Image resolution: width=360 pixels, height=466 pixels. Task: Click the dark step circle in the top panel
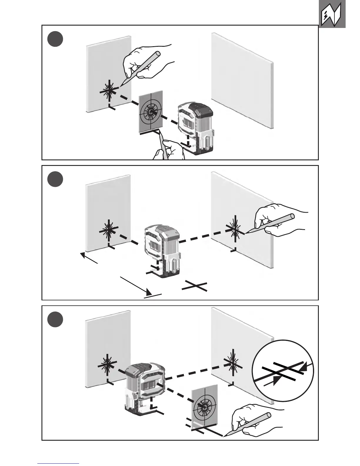point(55,39)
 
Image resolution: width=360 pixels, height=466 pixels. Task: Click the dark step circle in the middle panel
point(55,179)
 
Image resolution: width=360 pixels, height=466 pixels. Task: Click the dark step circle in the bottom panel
point(55,320)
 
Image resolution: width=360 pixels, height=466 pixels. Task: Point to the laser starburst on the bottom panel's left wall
point(106,365)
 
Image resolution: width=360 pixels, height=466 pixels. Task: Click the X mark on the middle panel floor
point(195,286)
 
